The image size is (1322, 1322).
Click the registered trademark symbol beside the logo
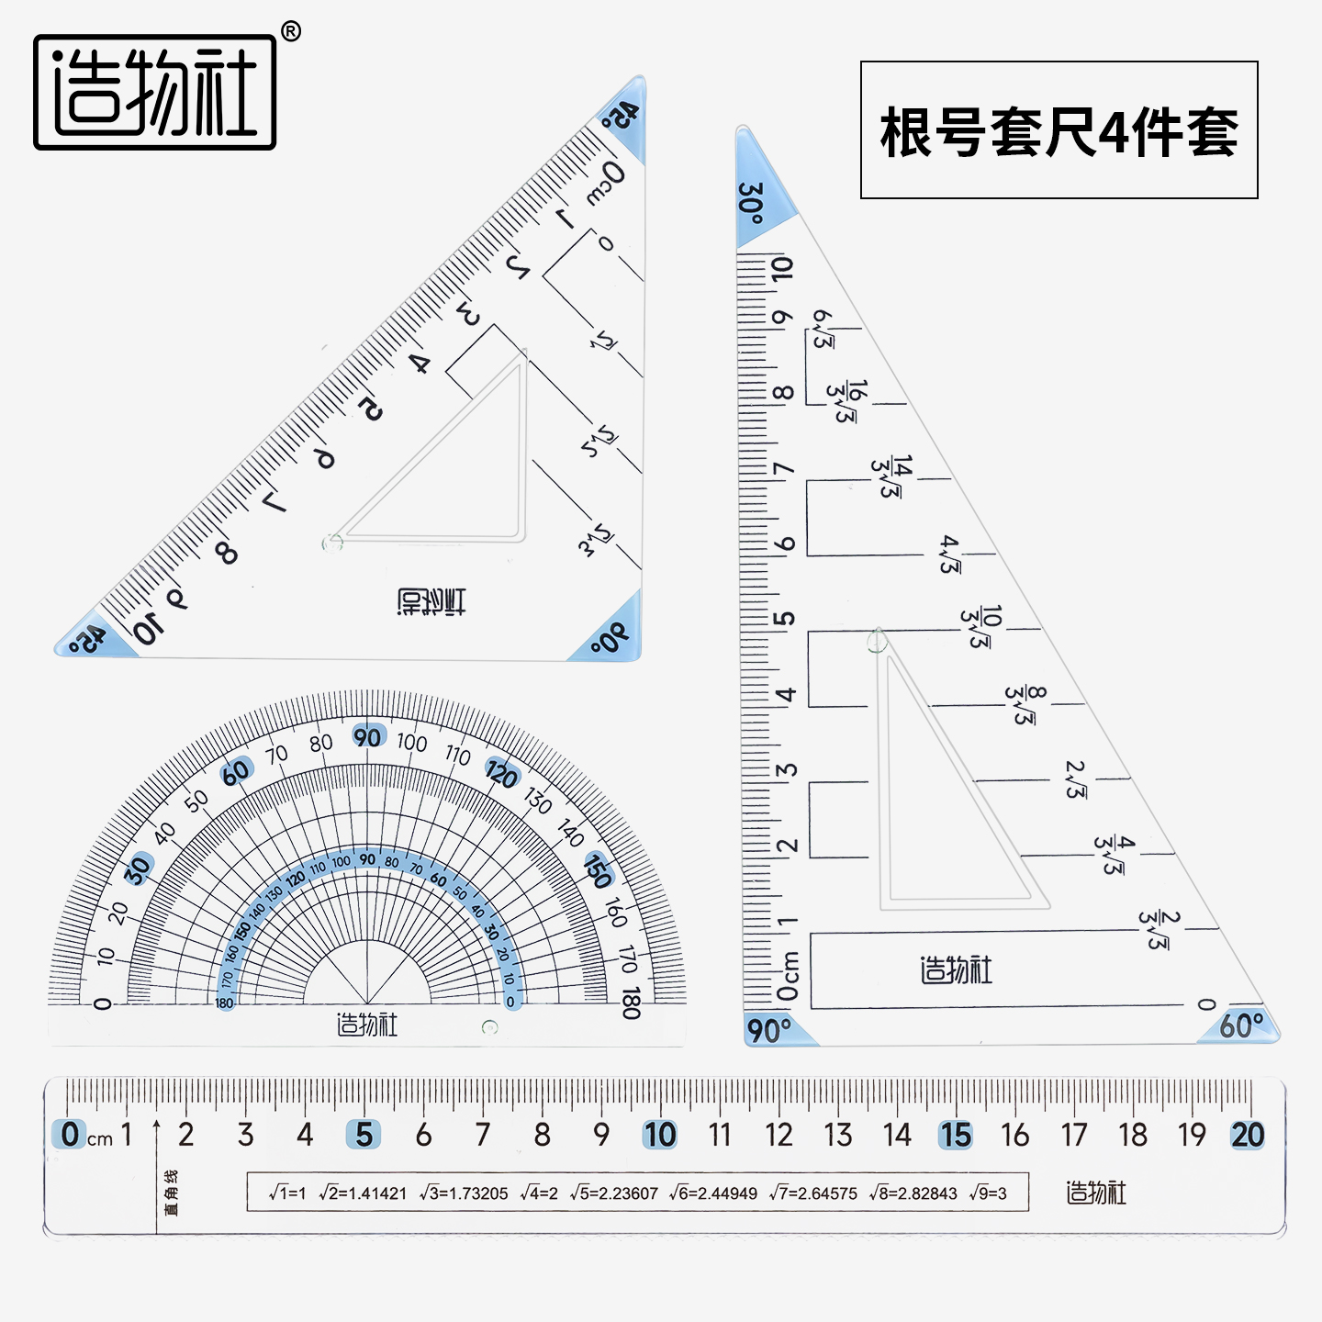(x=290, y=32)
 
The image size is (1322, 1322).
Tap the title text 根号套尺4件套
(x=1059, y=131)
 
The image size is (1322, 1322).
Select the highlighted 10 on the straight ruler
(x=660, y=1135)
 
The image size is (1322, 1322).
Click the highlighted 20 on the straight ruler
(x=1248, y=1135)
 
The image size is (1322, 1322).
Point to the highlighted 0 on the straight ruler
(x=70, y=1135)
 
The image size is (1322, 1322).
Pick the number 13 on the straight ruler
(x=837, y=1135)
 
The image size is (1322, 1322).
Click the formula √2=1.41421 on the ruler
(x=363, y=1193)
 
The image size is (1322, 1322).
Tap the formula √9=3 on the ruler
(x=988, y=1193)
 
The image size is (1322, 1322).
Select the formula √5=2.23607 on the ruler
(x=614, y=1193)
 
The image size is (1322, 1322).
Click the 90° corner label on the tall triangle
(x=769, y=1030)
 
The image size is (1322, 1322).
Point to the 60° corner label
(x=1241, y=1026)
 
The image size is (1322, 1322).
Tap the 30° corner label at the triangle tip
(x=752, y=203)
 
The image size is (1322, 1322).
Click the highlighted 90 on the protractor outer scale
(x=368, y=736)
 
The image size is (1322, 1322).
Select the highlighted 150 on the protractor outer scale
(x=598, y=870)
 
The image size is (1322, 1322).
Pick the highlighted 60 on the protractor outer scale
(x=236, y=772)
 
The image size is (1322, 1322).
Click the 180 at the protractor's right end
(x=631, y=1003)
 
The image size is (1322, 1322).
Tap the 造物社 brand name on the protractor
(x=367, y=1025)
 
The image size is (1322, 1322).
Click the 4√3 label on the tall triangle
(x=950, y=555)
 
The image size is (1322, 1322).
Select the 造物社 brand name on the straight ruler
(x=1095, y=1193)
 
